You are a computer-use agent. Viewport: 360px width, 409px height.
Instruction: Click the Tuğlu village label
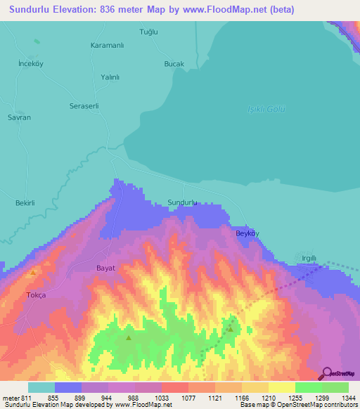pos(148,32)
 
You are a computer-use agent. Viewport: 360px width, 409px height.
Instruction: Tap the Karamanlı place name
pos(108,46)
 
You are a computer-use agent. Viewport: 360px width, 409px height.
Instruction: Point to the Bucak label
pos(174,64)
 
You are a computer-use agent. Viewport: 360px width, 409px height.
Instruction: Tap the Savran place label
pos(19,117)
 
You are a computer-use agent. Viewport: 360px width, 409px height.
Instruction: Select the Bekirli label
pos(25,202)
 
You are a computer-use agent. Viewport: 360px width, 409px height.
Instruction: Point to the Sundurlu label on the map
pos(182,202)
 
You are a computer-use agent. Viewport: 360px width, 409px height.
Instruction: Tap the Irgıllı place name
pos(309,259)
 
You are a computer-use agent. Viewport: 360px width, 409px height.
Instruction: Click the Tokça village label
pos(35,295)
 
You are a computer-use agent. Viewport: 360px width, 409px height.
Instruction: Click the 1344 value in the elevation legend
pos(340,398)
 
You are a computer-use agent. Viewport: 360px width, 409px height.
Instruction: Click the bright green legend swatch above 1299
pos(309,387)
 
